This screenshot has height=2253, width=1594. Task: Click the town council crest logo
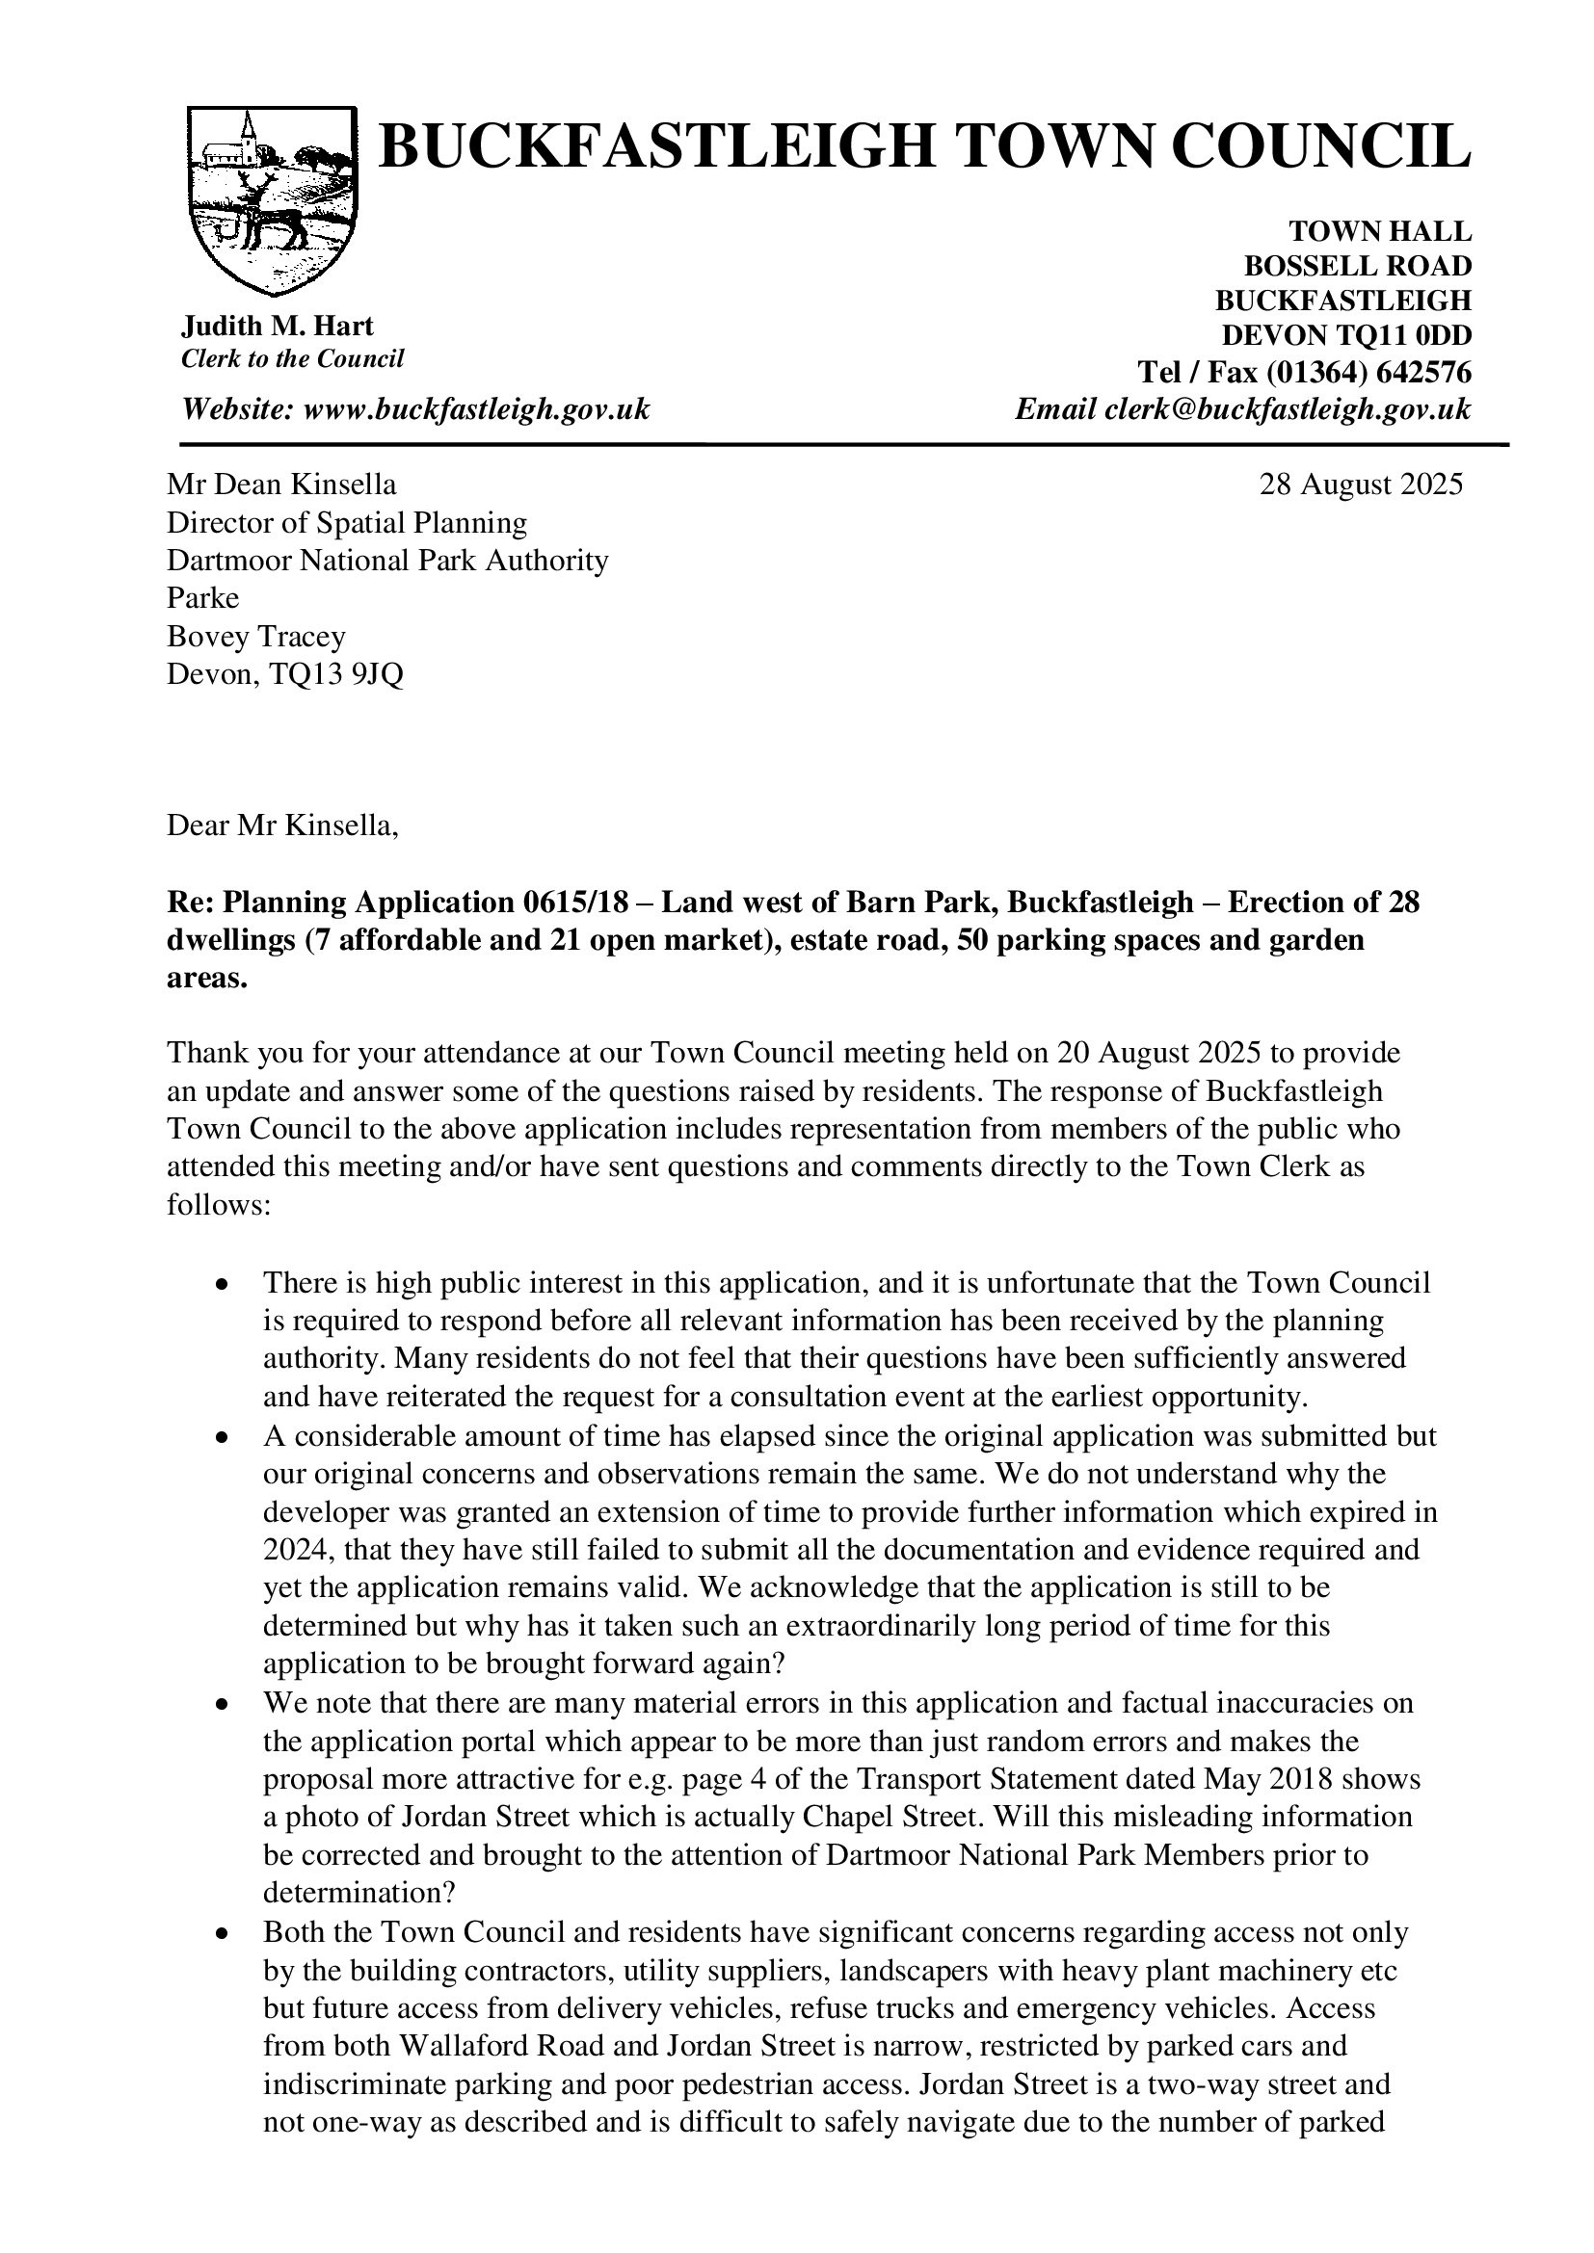tap(271, 200)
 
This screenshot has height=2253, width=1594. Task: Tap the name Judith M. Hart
tap(278, 326)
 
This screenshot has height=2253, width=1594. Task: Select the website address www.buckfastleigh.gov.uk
tap(477, 409)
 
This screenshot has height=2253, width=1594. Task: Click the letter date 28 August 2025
tap(1361, 485)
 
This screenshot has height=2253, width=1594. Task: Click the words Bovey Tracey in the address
tap(256, 637)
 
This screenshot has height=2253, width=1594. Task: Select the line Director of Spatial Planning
tap(347, 523)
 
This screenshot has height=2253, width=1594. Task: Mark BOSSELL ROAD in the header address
tap(1358, 266)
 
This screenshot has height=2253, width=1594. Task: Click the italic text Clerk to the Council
tap(293, 359)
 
